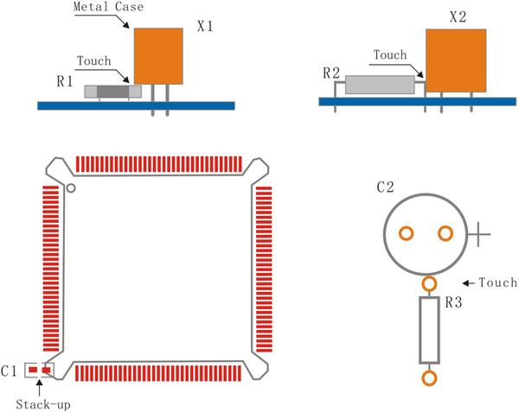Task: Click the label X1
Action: [x=205, y=27]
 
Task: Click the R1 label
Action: [x=64, y=81]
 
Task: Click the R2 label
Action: [x=330, y=73]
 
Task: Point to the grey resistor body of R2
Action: [x=380, y=85]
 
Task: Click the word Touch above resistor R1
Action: [x=94, y=62]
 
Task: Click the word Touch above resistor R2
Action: [x=389, y=55]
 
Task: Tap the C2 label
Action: [x=386, y=187]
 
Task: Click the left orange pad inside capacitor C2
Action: [x=405, y=233]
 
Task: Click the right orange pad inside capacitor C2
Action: [x=445, y=233]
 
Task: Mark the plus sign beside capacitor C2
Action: [x=481, y=233]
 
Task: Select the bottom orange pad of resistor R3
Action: [x=428, y=377]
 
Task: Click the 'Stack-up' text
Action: [x=40, y=403]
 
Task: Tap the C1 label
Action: [x=10, y=371]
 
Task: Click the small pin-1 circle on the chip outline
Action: [x=71, y=187]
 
